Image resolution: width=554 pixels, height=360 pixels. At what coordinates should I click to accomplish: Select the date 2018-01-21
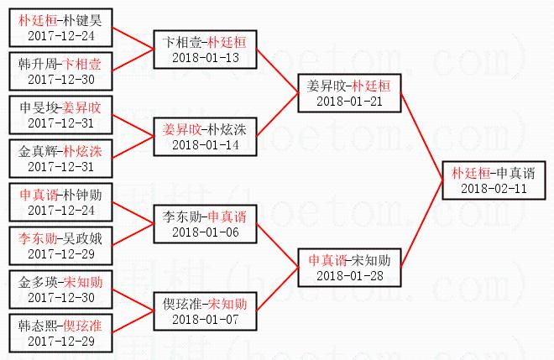click(x=348, y=101)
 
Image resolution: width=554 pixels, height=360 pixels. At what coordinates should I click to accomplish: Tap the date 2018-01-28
click(x=348, y=275)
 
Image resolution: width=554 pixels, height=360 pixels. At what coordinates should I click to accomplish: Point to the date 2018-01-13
click(x=205, y=57)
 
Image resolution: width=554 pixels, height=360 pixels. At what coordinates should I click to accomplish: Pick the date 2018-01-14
click(x=205, y=144)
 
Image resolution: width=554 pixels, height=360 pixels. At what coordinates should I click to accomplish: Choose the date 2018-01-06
click(x=205, y=232)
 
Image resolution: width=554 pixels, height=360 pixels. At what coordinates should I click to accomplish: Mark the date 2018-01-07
click(x=205, y=319)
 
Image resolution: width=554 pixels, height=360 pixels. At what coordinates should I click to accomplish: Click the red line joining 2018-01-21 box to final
click(x=422, y=135)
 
